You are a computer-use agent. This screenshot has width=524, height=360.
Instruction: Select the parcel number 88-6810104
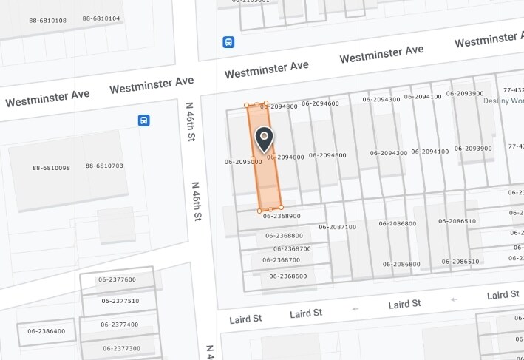click(101, 18)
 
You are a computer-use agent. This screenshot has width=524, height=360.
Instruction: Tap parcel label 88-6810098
click(51, 168)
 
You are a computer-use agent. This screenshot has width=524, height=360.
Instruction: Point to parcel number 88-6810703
click(104, 166)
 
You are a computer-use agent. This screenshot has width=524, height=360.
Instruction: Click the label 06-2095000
click(243, 161)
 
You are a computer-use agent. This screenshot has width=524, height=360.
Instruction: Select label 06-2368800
click(285, 236)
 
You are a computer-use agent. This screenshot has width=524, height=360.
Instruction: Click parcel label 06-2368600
click(288, 276)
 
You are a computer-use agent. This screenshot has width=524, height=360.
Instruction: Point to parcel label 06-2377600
click(118, 279)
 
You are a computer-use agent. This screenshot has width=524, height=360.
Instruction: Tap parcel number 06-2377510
click(120, 301)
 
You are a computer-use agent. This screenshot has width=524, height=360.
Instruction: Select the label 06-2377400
click(120, 324)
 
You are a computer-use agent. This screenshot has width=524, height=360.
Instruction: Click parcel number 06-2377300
click(123, 347)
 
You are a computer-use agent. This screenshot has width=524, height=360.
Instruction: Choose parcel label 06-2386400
click(47, 331)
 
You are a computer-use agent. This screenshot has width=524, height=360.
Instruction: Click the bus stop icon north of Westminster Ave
click(229, 42)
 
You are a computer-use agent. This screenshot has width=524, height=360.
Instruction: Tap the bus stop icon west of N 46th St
click(144, 120)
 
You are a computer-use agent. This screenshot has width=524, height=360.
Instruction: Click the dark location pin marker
click(264, 137)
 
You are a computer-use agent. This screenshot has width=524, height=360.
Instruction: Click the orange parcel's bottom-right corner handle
click(281, 207)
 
